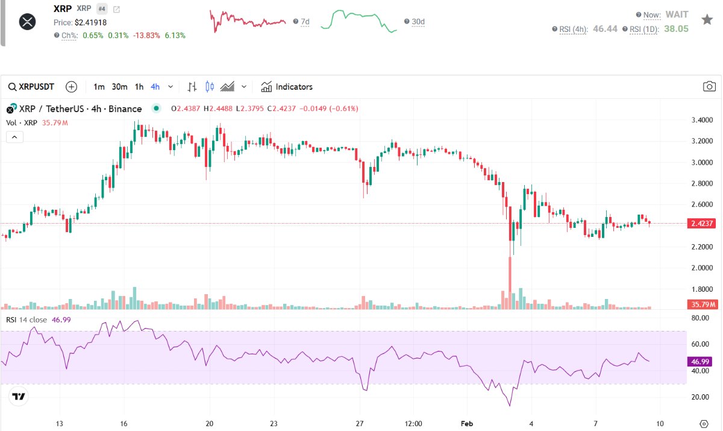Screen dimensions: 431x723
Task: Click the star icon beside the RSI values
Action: pos(707,19)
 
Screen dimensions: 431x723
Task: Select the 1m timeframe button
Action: pos(99,87)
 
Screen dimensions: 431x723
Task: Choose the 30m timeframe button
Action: pos(119,87)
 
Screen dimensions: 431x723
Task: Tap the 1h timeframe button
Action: pos(139,87)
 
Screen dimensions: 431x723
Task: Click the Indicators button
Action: pos(287,87)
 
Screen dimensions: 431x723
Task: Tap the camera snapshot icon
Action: pos(709,87)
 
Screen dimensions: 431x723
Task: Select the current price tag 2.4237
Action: pos(702,224)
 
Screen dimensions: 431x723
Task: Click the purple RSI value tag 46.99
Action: pos(701,362)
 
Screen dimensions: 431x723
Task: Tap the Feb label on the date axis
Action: pos(467,423)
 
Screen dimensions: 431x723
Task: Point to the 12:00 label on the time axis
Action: pos(414,423)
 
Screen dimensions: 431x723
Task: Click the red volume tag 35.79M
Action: pos(702,304)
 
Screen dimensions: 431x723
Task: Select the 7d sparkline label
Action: pos(305,22)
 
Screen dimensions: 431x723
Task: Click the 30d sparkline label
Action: pos(418,22)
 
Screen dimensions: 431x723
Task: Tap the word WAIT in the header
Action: pos(677,14)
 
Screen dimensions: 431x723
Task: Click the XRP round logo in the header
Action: pos(28,22)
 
